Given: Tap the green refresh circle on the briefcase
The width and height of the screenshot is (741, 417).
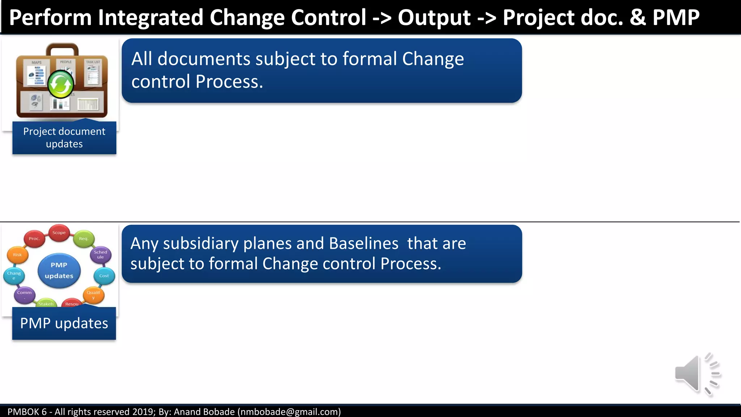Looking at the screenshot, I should [60, 85].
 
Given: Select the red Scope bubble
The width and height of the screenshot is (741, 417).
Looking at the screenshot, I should [59, 233].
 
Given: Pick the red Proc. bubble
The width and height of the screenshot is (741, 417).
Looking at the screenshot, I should [34, 239].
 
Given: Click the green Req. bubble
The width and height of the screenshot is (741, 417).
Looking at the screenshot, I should [84, 239].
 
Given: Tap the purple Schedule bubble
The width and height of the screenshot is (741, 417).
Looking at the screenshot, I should [101, 254].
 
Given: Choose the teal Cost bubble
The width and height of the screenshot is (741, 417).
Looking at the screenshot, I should [104, 276].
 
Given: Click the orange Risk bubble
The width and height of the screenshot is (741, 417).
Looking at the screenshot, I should [17, 255].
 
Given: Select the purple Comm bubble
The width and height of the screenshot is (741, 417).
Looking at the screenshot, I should [25, 294].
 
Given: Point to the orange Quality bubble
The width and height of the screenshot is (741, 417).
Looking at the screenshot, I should [93, 295].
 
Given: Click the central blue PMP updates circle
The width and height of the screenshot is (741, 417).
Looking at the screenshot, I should [59, 270].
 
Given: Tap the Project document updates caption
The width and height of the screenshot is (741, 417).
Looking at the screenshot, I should [64, 138].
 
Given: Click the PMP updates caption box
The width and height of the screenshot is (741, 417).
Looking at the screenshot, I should [64, 323].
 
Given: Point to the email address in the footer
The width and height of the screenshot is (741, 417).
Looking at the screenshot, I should [289, 412].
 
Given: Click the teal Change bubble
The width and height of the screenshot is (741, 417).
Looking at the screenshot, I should [14, 275].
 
